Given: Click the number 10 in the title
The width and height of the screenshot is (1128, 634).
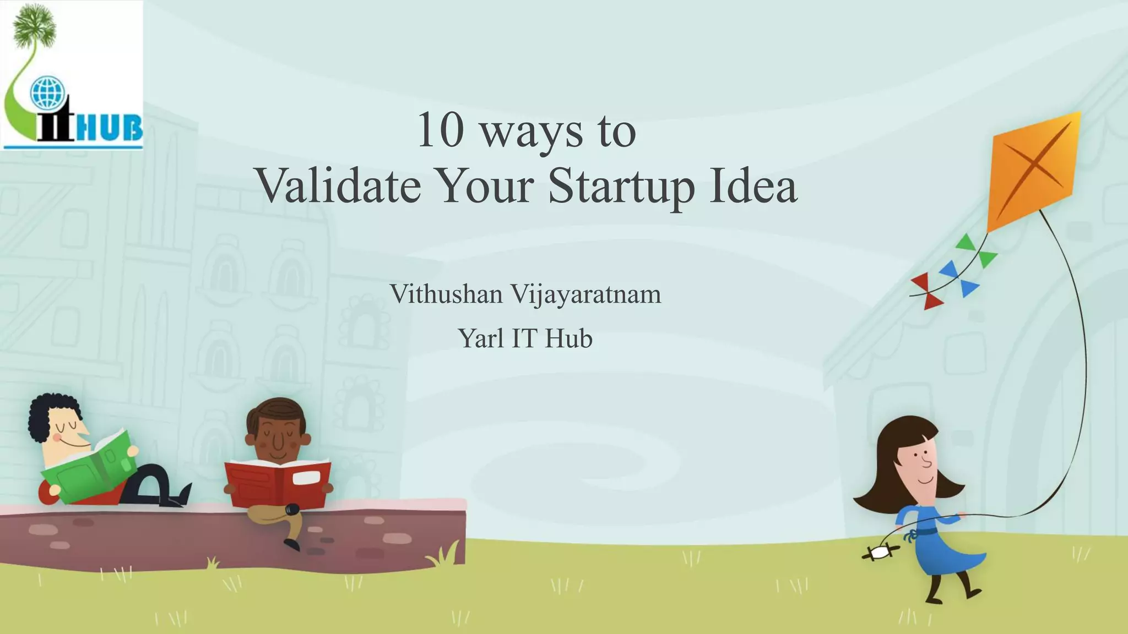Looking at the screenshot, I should (440, 130).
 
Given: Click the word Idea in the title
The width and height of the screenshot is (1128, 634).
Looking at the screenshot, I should (753, 185).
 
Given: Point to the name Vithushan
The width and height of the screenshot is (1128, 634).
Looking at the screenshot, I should (446, 294).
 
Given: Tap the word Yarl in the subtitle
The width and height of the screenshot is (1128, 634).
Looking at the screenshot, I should (481, 338).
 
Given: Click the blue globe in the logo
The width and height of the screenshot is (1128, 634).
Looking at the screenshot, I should (47, 92).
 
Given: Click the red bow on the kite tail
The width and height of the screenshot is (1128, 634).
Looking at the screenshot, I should (927, 291).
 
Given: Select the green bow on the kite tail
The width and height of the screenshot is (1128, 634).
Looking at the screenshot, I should (978, 250).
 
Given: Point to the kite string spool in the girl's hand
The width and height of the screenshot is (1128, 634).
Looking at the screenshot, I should (880, 553).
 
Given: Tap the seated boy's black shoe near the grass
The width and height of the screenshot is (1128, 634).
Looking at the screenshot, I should (292, 544).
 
